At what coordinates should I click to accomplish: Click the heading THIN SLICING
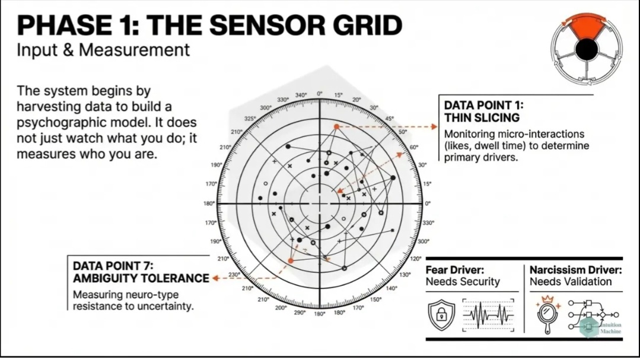pyautogui.click(x=482, y=117)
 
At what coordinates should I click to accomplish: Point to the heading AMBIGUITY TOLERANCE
pyautogui.click(x=141, y=278)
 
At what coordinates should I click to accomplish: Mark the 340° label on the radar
pyautogui.click(x=301, y=95)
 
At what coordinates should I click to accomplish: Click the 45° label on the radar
pyautogui.click(x=389, y=119)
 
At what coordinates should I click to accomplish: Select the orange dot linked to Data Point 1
pyautogui.click(x=336, y=126)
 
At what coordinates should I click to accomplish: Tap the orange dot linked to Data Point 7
pyautogui.click(x=291, y=260)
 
